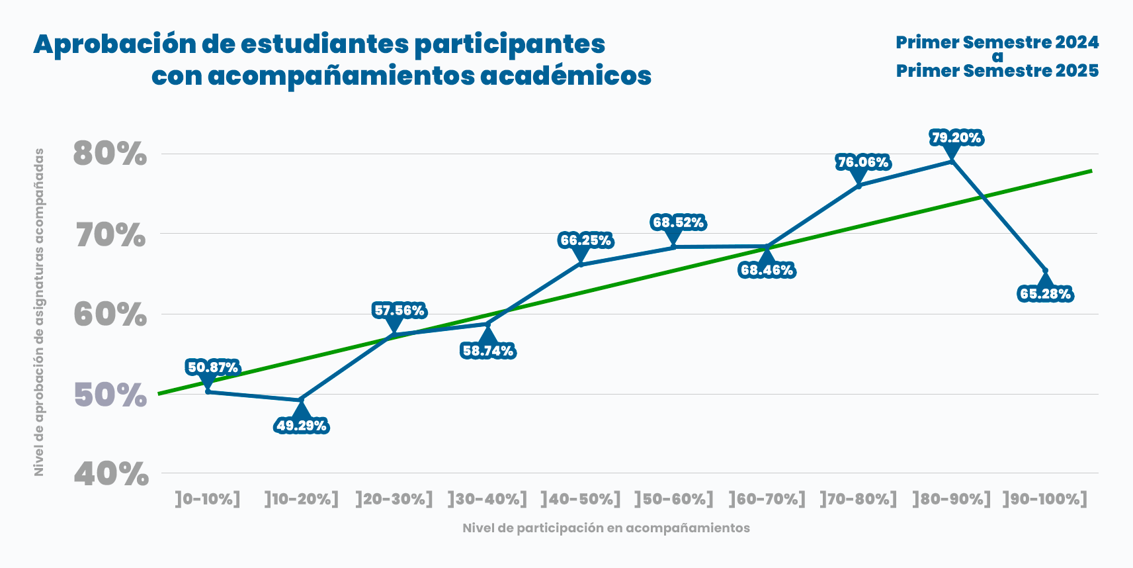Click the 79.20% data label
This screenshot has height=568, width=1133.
click(956, 138)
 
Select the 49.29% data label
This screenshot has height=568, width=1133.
click(302, 426)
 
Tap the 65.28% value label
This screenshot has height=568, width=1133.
click(1045, 294)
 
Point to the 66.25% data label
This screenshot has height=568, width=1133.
click(585, 240)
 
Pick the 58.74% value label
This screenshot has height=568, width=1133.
click(488, 351)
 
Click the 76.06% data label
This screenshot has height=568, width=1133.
click(863, 163)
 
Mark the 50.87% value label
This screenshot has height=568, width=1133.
click(212, 367)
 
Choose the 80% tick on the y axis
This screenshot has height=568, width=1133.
click(110, 154)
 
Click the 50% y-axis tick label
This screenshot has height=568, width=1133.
click(110, 395)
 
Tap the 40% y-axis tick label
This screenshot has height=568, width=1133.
click(111, 474)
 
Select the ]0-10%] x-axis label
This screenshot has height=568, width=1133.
click(208, 499)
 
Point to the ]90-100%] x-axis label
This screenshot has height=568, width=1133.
click(1045, 499)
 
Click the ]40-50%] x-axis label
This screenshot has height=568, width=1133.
click(581, 499)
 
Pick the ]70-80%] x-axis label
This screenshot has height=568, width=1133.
click(859, 499)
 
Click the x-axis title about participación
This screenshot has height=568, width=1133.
click(606, 528)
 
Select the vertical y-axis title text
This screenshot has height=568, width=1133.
click(39, 312)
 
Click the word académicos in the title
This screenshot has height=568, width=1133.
click(566, 76)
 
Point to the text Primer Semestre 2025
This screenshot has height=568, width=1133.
click(997, 71)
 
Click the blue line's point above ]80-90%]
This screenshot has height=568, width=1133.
click(952, 161)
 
